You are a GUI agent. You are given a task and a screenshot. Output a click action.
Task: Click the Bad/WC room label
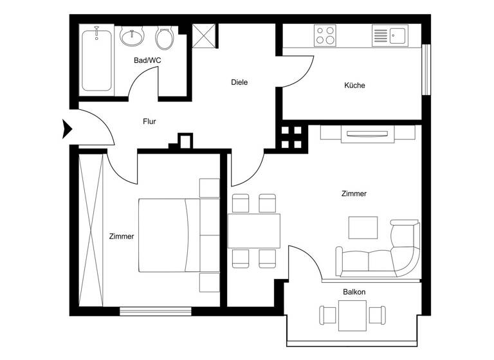pos(147,60)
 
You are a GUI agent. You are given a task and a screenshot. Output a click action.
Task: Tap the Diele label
pos(239,82)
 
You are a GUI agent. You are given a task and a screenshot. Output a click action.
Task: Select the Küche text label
pos(354,85)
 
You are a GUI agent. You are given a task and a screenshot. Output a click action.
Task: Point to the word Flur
pos(149,121)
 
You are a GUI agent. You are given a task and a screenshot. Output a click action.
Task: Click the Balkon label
pos(354,292)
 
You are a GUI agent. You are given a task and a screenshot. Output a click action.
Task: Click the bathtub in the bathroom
pos(96,59)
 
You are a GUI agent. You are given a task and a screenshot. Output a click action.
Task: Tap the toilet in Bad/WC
pos(165,38)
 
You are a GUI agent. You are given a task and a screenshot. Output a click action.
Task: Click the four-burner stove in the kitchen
pos(325,35)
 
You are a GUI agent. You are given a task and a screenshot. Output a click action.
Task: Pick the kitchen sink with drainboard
pos(389,35)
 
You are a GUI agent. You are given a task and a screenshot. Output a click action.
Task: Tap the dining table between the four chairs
pos(254,231)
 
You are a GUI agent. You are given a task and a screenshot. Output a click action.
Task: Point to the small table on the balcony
pos(352,315)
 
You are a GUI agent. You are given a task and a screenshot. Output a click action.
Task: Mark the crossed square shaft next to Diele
pos(206,36)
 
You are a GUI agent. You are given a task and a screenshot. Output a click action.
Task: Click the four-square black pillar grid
pos(292,137)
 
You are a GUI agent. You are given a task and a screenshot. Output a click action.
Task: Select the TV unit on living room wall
pos(367,134)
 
